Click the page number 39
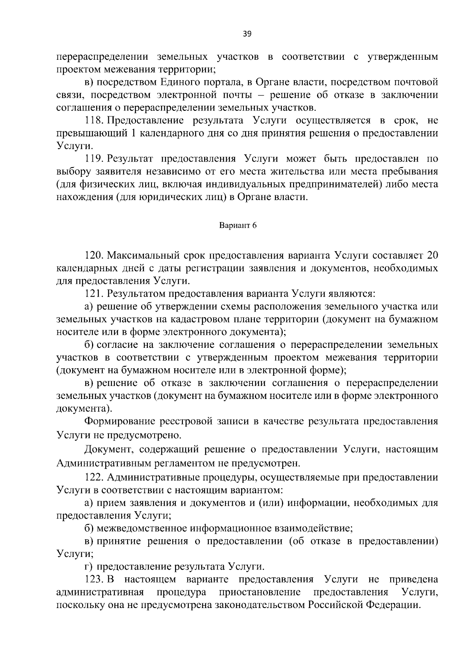tap(247, 34)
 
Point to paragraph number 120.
tap(94, 255)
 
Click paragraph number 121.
tap(94, 294)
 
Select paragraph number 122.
tap(94, 478)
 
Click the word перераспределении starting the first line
tap(103, 57)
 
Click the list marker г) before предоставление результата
tap(89, 566)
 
